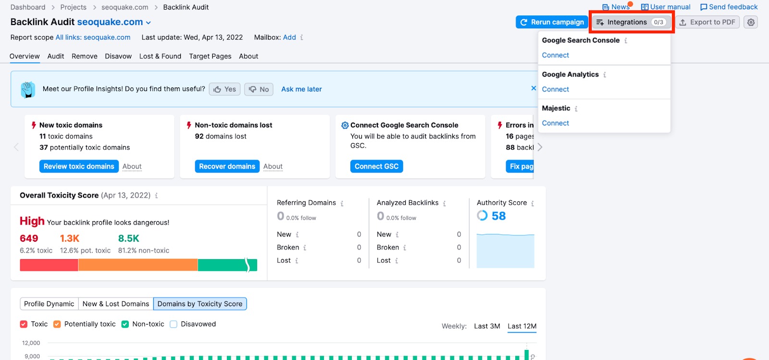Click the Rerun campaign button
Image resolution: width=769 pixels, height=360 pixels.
552,22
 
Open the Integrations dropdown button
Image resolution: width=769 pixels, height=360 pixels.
631,22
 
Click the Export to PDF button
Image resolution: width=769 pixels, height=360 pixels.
707,22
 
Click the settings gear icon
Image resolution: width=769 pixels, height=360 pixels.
751,22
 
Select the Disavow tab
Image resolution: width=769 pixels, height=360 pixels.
118,56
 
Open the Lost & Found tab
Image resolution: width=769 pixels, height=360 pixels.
160,56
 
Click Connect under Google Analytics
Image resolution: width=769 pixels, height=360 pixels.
555,89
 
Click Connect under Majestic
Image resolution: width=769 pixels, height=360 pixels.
555,123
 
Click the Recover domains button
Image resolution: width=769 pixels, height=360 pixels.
227,166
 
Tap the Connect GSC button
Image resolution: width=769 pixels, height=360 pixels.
376,166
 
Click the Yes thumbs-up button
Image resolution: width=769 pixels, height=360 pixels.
224,89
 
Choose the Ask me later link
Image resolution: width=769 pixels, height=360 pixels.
301,89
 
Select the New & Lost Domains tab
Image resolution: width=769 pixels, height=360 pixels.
116,304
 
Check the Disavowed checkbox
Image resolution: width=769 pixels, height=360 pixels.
174,324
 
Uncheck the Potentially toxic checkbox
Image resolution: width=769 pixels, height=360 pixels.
57,324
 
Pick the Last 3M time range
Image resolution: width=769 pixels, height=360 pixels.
487,326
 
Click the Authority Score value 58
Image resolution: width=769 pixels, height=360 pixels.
498,216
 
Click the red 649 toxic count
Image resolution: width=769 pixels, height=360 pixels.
29,238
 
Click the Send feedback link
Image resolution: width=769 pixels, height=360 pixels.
729,7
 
